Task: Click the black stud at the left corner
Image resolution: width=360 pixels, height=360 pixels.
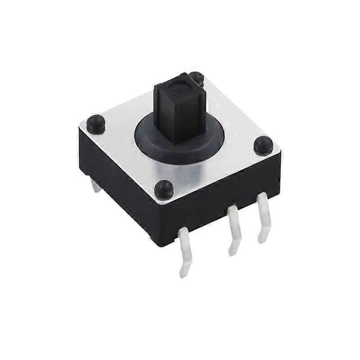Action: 95,124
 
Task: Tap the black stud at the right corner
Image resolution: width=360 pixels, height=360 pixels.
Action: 263,145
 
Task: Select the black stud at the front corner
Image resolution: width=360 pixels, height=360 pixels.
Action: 163,189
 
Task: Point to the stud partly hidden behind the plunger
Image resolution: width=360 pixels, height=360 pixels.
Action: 197,78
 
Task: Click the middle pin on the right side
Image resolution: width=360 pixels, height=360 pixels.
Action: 234,229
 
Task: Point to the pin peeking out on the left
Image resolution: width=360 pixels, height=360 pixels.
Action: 96,185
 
